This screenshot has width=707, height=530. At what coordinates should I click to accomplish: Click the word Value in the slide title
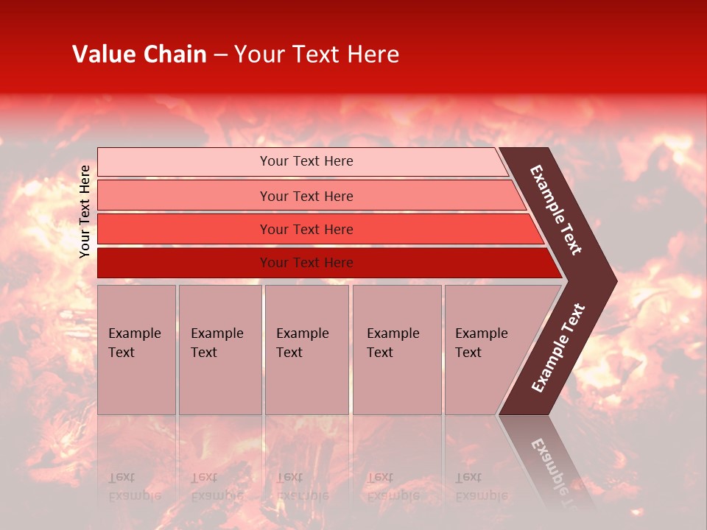point(102,54)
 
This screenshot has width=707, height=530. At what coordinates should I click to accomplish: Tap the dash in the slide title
point(220,55)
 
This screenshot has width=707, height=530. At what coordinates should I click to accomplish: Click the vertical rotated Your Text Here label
point(85,211)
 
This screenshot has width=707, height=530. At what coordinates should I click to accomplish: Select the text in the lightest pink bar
point(306,161)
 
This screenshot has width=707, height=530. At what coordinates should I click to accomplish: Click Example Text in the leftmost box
point(134,343)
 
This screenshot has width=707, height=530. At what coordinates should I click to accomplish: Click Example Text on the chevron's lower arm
point(558,348)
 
